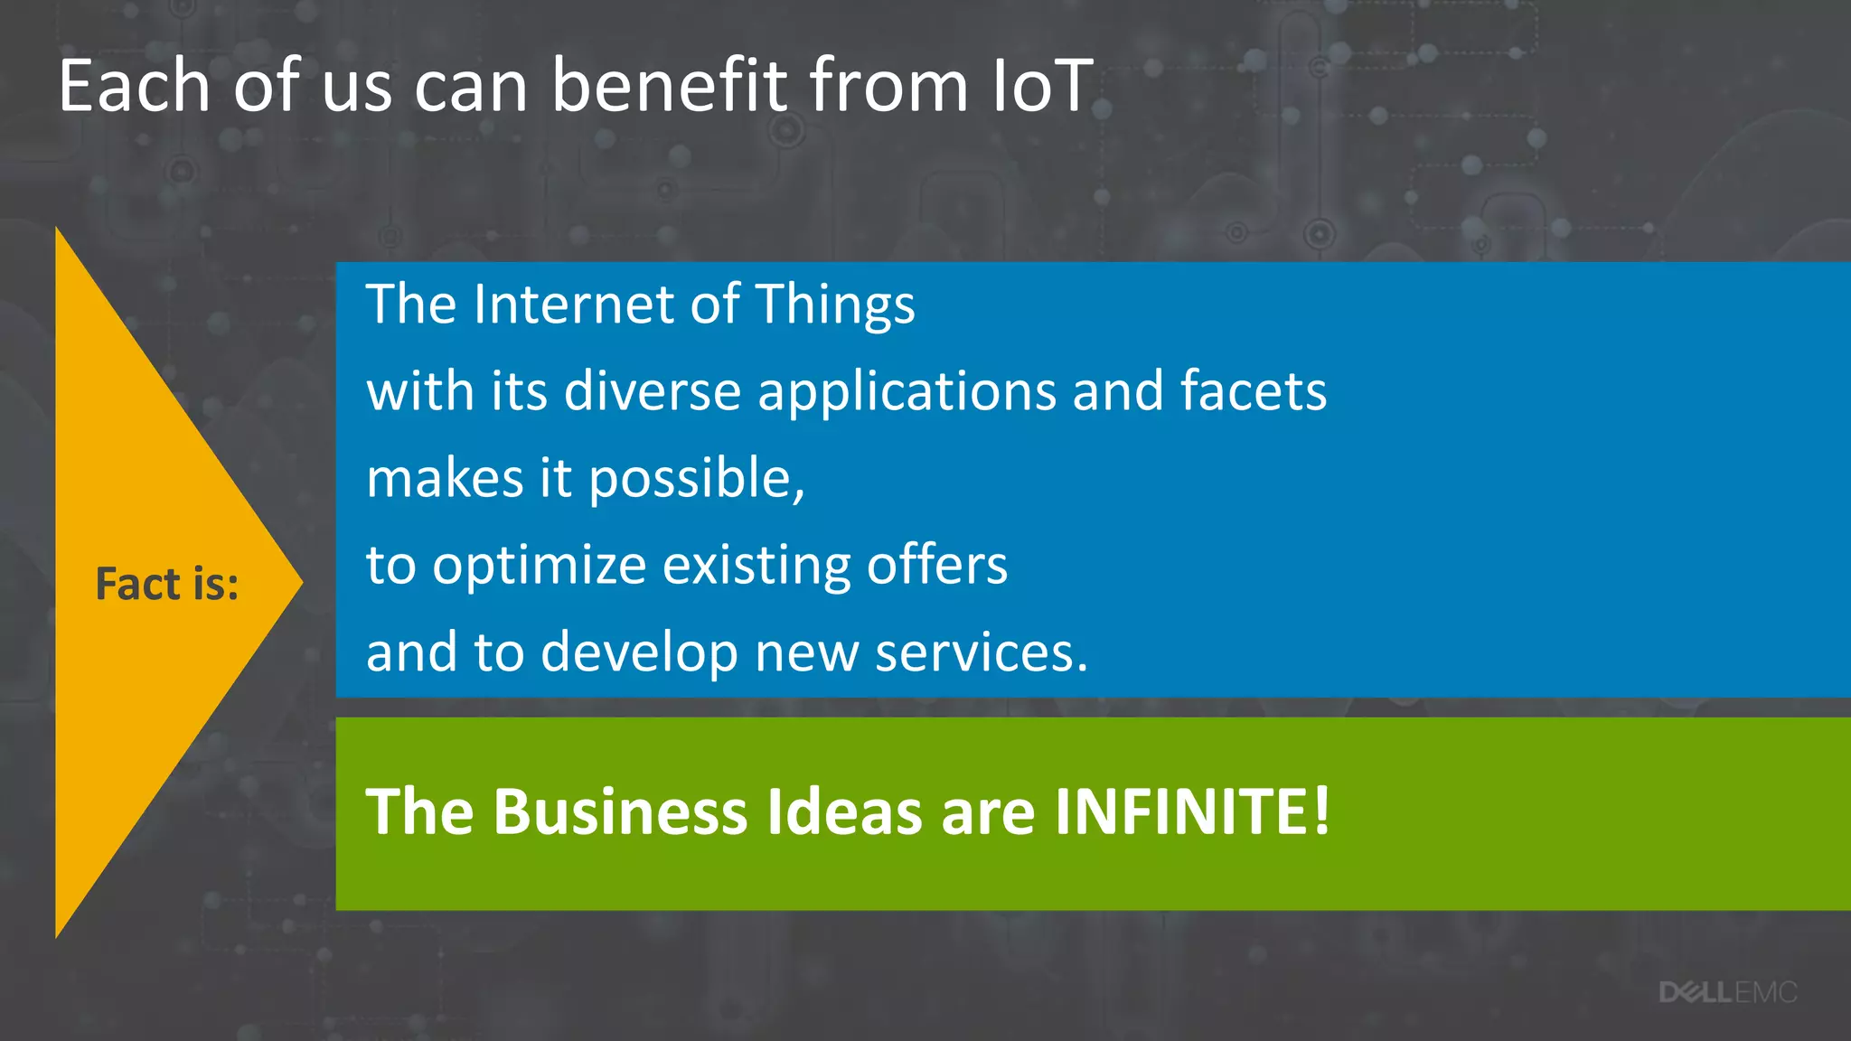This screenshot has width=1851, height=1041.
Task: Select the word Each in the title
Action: coord(134,86)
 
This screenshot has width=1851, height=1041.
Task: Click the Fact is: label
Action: coord(167,584)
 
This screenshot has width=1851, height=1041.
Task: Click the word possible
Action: coord(696,480)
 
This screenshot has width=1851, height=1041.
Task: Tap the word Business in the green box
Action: coord(620,811)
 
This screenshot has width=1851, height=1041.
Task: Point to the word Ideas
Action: coord(844,811)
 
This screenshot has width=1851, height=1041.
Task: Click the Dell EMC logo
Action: coord(1727,993)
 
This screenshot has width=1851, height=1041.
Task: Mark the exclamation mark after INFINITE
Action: coord(1321,811)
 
